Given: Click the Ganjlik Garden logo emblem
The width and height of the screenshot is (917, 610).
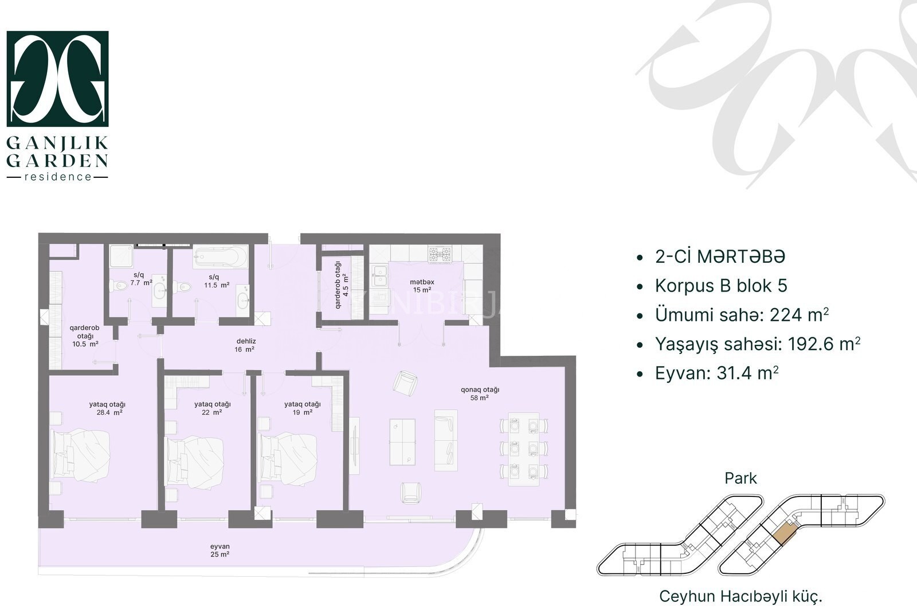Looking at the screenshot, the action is [x=58, y=79].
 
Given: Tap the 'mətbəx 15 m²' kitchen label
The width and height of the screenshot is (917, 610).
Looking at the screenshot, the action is [x=422, y=286].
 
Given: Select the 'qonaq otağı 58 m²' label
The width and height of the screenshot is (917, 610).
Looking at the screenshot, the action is [x=480, y=394].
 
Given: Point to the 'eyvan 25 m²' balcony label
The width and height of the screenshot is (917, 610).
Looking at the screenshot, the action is [x=220, y=550].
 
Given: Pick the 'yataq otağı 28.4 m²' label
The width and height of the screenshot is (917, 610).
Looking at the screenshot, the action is [x=107, y=409].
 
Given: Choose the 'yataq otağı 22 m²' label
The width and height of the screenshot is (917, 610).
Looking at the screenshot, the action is [x=213, y=409].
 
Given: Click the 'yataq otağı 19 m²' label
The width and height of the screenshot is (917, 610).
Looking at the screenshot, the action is [x=303, y=409].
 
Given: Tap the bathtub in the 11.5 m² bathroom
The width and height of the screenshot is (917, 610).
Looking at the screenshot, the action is [x=221, y=257].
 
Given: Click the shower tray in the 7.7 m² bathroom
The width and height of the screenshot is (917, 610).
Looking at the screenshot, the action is [x=121, y=256].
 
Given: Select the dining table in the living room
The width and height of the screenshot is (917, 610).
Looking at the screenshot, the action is [x=524, y=449].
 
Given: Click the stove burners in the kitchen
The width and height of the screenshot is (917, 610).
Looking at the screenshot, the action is [x=440, y=254].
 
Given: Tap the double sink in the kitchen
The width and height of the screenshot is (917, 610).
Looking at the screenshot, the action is [x=379, y=276].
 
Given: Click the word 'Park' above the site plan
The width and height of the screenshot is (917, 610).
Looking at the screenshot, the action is [x=740, y=479].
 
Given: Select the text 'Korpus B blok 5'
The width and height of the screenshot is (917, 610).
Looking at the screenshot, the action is [x=721, y=286].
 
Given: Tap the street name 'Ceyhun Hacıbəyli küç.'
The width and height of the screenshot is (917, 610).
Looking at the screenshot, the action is [x=740, y=596].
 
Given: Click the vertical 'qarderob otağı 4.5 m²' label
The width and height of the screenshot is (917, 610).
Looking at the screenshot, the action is [x=342, y=279].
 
